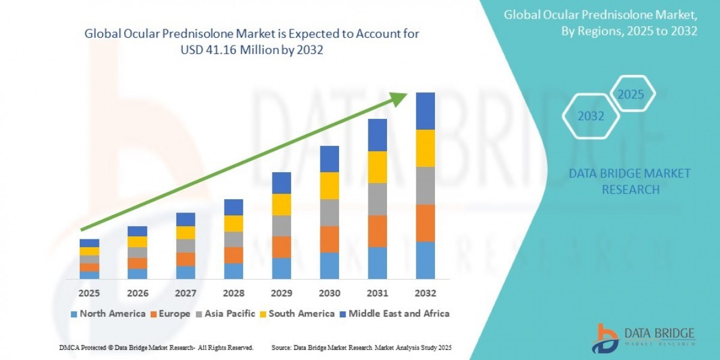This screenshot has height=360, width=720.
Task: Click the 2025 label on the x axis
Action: [x=89, y=293]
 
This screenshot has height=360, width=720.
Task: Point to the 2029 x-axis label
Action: [x=281, y=293]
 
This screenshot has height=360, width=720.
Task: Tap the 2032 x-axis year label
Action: [x=425, y=293]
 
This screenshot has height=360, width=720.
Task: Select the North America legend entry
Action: [x=108, y=313]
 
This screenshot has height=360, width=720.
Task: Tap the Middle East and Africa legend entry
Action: [x=397, y=313]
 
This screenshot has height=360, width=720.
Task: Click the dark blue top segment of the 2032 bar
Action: [x=425, y=111]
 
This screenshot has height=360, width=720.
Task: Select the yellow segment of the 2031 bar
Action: [x=377, y=167]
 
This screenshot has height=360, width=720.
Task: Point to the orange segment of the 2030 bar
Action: [x=329, y=239]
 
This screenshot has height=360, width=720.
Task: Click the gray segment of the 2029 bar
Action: [x=281, y=226]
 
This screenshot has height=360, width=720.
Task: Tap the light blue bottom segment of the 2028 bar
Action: [x=233, y=271]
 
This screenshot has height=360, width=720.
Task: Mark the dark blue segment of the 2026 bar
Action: [x=137, y=231]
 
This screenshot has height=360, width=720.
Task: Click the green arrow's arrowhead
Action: [x=398, y=98]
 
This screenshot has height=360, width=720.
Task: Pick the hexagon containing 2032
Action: [x=591, y=116]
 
